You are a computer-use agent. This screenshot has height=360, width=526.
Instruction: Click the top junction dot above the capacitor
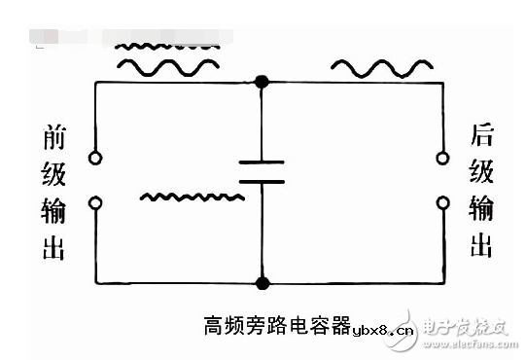point(261,82)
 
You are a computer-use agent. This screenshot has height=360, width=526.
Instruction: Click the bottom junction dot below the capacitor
point(261,283)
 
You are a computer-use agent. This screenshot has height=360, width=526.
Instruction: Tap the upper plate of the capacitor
point(262,159)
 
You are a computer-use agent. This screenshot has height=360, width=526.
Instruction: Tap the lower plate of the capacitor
point(262,181)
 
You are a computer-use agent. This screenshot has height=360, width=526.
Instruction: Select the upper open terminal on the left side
point(94,158)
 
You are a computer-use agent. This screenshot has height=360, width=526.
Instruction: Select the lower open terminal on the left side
point(94,203)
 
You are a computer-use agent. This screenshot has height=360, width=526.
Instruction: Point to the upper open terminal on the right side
point(443,157)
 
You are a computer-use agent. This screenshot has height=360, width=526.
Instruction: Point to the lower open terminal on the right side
point(443,203)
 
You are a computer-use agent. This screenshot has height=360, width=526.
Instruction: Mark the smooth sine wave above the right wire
point(382,66)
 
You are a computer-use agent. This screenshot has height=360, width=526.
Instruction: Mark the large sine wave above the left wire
point(167,65)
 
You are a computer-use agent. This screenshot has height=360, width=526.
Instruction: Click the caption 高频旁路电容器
point(275,324)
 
